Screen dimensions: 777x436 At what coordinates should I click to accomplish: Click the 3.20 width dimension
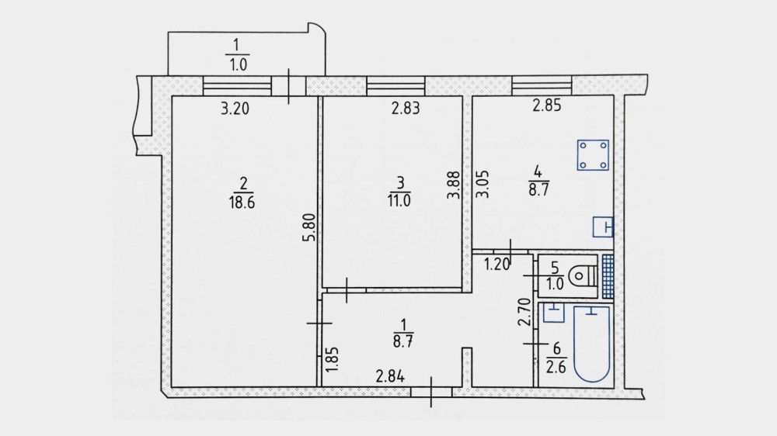pos(235,109)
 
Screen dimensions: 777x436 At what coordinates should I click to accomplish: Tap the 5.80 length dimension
pos(308,227)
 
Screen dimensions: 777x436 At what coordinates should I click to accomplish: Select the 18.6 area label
pos(242,202)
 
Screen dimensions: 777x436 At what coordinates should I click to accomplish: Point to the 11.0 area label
pos(399,201)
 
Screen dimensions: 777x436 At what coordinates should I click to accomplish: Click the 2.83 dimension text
pos(406,108)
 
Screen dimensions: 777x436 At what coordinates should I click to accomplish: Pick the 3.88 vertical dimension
pos(454,185)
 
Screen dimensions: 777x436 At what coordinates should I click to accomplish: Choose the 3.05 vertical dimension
pos(483,184)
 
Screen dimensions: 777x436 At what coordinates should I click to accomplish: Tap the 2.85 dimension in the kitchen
pos(547,106)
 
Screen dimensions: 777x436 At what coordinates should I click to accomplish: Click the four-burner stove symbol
pos(593,155)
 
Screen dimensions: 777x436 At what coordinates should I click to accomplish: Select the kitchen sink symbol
pos(603,227)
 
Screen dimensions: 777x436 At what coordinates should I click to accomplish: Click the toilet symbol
pos(584,276)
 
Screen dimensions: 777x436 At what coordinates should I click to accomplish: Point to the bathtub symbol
pos(591,344)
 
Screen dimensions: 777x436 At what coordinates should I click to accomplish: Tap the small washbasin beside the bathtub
pos(554,313)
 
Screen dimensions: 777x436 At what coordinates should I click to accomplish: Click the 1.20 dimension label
pos(497,265)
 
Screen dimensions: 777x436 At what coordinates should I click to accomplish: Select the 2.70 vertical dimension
pos(524,312)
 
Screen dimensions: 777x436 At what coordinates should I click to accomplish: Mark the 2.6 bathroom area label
pos(556,367)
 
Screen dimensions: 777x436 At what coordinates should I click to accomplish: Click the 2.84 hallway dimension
pos(391,377)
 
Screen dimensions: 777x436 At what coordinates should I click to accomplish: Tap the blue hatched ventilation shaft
pos(608,276)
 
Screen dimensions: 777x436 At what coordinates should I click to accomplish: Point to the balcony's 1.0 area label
pos(238,64)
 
